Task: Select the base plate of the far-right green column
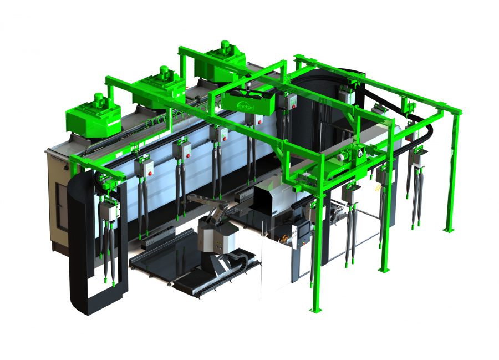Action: click(x=449, y=229)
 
